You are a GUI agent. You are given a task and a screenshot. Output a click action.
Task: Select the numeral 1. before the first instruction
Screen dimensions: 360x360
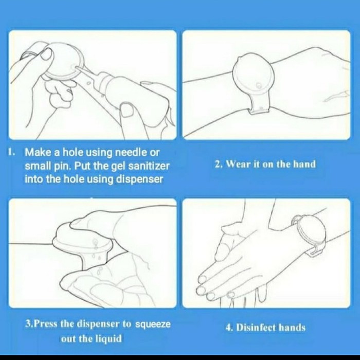click(x=11, y=152)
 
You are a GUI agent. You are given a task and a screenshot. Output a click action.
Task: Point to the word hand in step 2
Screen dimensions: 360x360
click(x=304, y=164)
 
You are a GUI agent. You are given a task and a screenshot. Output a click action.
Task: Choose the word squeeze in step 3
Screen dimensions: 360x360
click(x=153, y=325)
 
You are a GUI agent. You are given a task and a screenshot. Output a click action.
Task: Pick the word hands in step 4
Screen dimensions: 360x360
click(x=292, y=328)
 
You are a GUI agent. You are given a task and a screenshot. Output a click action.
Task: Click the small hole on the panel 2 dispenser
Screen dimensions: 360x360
click(x=259, y=85)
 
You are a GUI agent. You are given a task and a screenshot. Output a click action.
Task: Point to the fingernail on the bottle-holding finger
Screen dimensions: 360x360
click(x=127, y=110)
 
